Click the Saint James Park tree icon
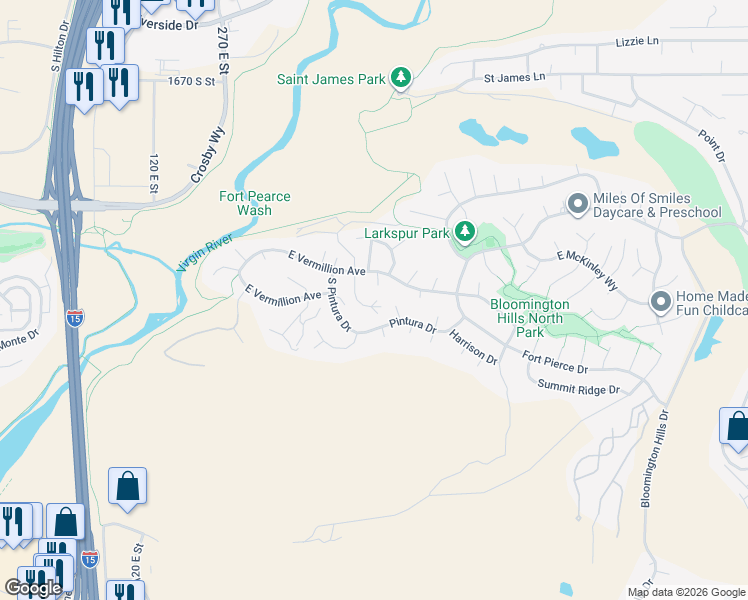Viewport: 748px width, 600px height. (400, 78)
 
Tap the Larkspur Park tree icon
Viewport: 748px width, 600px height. (464, 233)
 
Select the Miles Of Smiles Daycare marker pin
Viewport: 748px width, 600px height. (577, 205)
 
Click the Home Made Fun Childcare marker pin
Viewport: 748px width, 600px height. (660, 301)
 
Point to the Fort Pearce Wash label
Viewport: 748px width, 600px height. (255, 204)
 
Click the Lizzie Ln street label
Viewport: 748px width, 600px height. (639, 41)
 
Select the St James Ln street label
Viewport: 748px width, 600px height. (515, 77)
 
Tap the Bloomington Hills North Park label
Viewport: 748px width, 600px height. (529, 318)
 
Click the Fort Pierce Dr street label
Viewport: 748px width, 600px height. (555, 363)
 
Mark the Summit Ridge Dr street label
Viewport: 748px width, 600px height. (578, 388)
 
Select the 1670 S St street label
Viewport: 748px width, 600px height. (192, 81)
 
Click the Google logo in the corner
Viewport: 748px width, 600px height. (33, 587)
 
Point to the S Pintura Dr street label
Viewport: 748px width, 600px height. (339, 306)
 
